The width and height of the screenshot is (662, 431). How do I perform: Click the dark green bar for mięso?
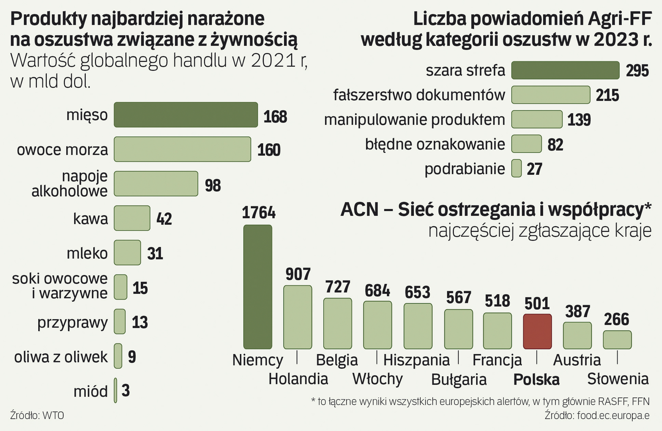pos(186,115)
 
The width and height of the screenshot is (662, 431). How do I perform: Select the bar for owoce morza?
pos(182,149)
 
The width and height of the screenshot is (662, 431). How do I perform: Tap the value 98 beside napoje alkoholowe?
pos(213,186)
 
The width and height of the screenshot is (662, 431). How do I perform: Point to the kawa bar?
pos(132,218)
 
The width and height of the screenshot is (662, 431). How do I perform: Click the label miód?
pos(91,391)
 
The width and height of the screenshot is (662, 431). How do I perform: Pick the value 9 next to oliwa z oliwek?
pos(132,357)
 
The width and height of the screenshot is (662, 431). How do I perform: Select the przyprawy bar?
pos(120,322)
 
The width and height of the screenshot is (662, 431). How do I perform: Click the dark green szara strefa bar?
pos(565,70)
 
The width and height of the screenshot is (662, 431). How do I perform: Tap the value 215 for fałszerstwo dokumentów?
pos(607,95)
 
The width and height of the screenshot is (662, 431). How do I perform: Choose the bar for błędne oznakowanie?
pos(526,144)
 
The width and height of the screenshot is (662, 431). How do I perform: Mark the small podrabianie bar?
pos(516,168)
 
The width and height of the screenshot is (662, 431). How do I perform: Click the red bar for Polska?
pos(537,332)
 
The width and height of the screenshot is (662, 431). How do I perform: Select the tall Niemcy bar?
pos(258,287)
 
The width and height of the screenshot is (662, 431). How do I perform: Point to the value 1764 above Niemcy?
pos(258,213)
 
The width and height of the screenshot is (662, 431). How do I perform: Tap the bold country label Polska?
pos(536,380)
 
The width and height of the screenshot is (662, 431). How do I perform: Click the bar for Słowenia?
pos(617,340)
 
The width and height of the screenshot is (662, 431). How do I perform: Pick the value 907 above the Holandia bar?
pos(298,275)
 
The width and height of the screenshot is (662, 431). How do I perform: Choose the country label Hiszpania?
pos(416,360)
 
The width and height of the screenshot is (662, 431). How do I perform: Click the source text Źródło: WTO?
pos(37,415)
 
